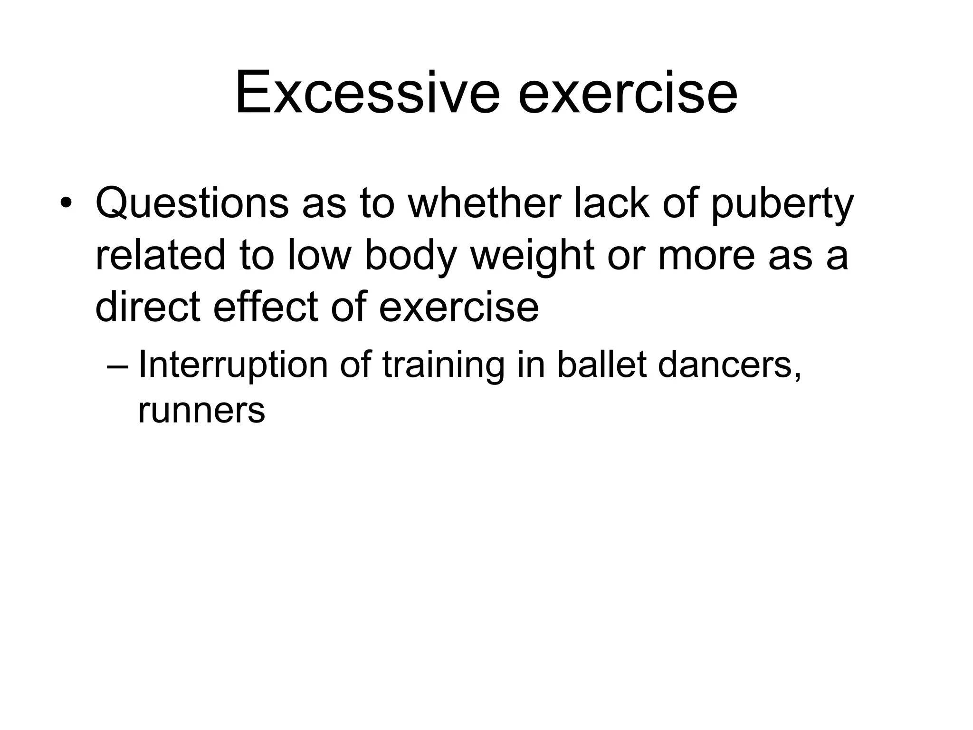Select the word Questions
pos(192,204)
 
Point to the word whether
pos(485,204)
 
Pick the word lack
pos(612,204)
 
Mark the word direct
pos(147,307)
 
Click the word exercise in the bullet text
pos(458,307)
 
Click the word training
pos(443,366)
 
